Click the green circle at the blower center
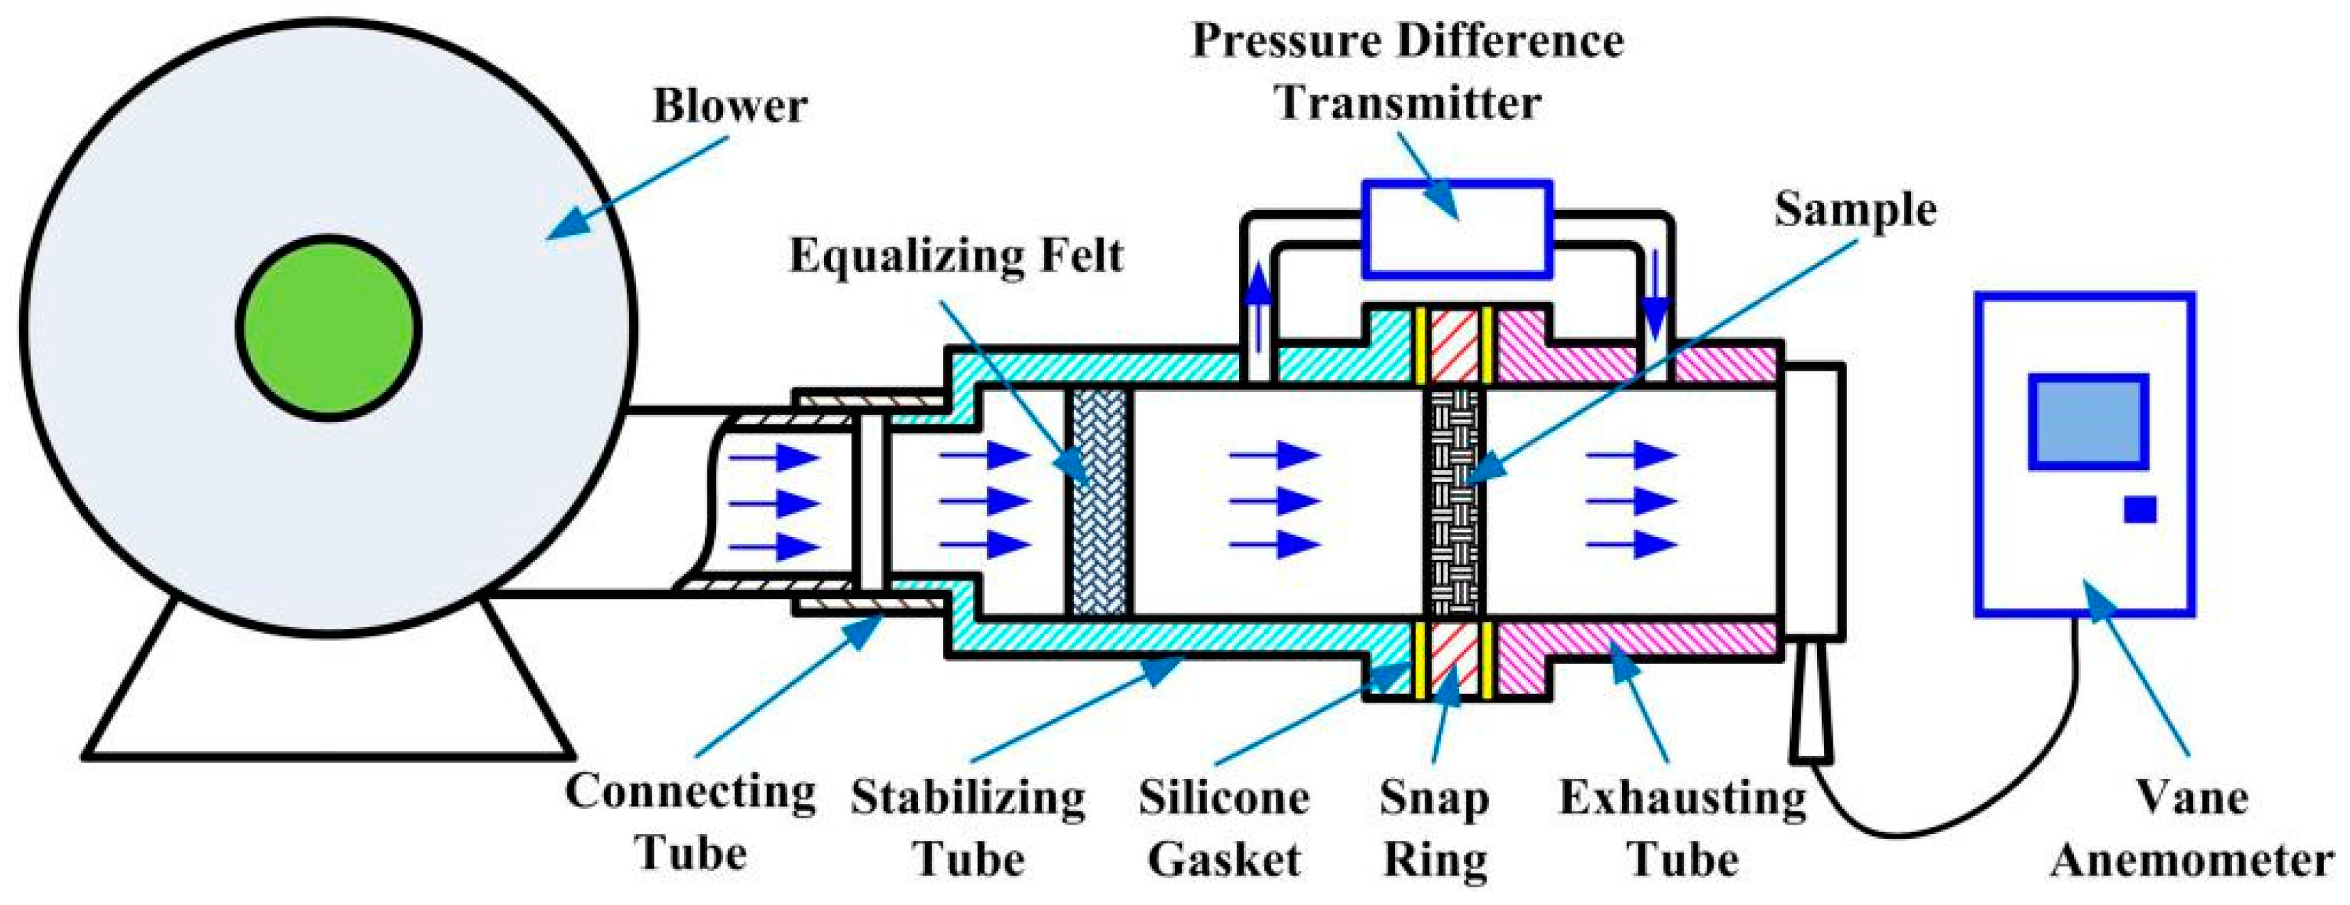point(329,328)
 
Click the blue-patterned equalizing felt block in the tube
point(1099,501)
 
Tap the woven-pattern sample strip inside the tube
point(1455,501)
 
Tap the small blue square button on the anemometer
point(2140,509)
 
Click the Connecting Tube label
point(690,822)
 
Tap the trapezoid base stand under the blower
point(329,703)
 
